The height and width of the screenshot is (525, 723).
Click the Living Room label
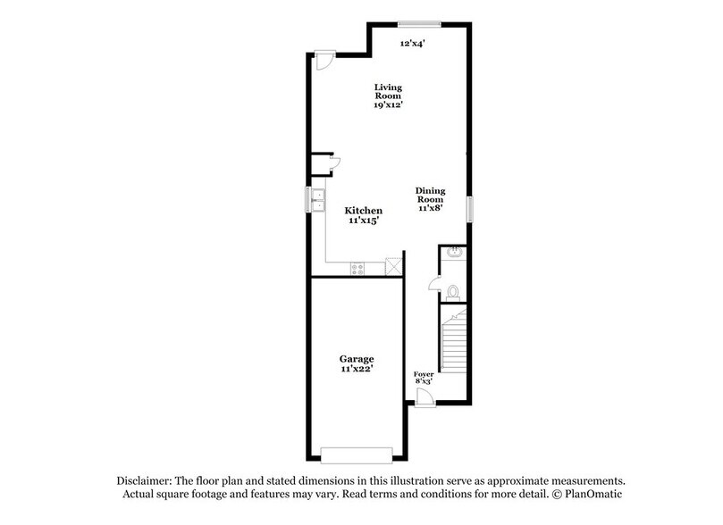point(388,96)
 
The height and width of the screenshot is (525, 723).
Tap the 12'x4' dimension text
point(412,42)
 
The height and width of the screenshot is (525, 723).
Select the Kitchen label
point(364,215)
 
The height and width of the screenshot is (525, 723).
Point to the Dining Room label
point(430,199)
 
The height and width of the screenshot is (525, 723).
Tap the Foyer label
point(423,377)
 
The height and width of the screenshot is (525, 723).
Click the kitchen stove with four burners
point(357,267)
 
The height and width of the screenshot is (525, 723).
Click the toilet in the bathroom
point(454,291)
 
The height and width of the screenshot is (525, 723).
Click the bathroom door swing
point(434,283)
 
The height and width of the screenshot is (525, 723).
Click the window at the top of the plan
point(418,24)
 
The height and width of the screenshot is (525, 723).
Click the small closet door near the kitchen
point(333,162)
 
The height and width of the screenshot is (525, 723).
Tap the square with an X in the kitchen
point(392,266)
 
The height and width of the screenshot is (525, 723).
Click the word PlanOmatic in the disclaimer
point(592,495)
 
